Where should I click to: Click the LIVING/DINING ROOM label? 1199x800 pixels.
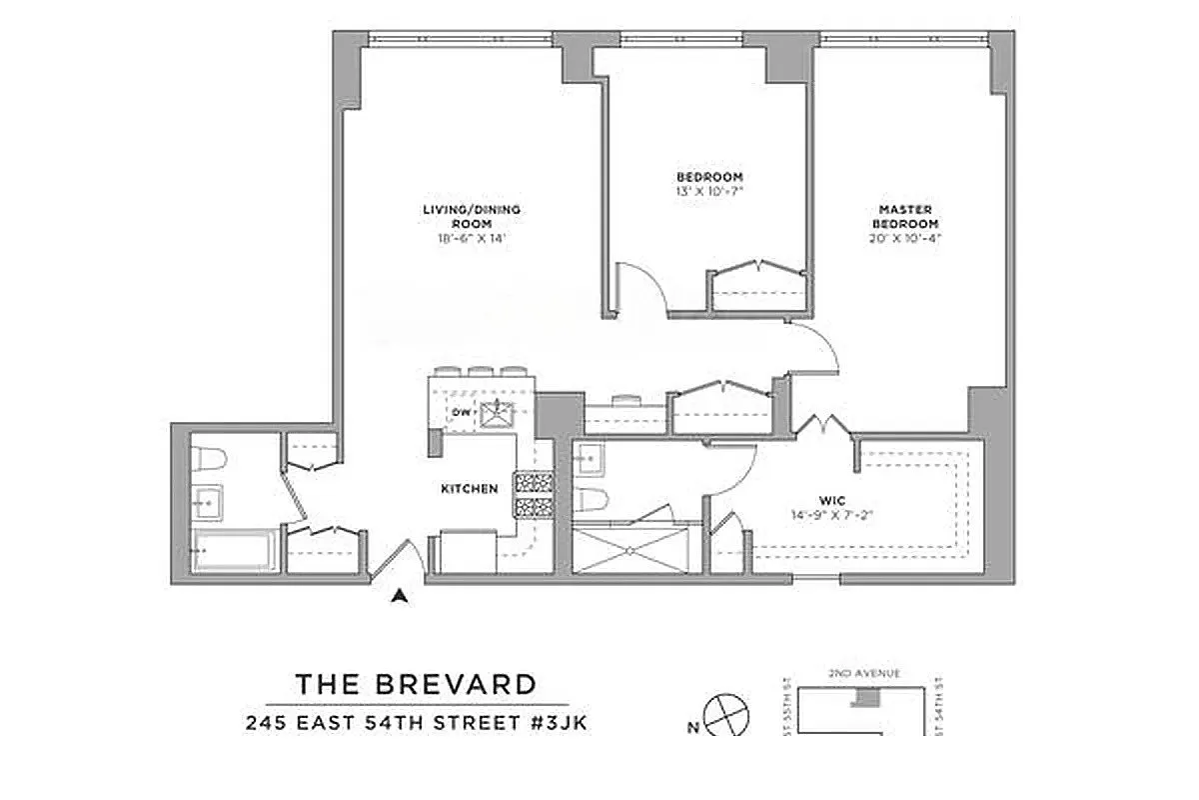pyautogui.click(x=457, y=216)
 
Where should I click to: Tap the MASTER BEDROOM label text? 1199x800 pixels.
pyautogui.click(x=906, y=215)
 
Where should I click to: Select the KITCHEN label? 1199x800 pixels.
pyautogui.click(x=470, y=489)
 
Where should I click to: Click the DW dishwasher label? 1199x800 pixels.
pyautogui.click(x=461, y=412)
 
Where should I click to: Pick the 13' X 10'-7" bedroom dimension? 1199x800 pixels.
pyautogui.click(x=709, y=189)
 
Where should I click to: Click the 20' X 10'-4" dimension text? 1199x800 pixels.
pyautogui.click(x=906, y=238)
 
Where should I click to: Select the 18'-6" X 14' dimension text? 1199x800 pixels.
pyautogui.click(x=457, y=239)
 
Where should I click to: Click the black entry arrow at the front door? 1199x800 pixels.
pyautogui.click(x=401, y=596)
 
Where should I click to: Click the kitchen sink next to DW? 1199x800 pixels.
pyautogui.click(x=495, y=413)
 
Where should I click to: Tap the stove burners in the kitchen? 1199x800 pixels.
pyautogui.click(x=534, y=495)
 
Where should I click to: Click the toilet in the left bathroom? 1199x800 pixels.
pyautogui.click(x=211, y=459)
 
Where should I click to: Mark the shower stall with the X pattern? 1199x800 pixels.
pyautogui.click(x=630, y=549)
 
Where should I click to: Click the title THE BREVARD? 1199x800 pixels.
pyautogui.click(x=416, y=685)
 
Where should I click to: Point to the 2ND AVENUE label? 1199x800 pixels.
pyautogui.click(x=865, y=674)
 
